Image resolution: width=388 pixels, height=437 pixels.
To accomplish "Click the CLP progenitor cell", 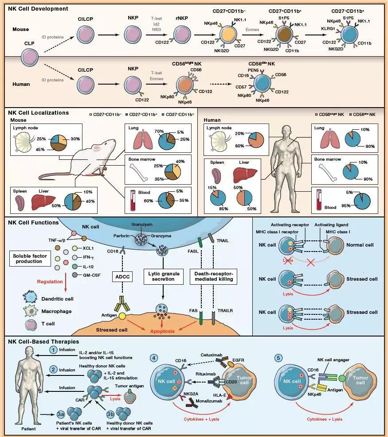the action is coord(30,57).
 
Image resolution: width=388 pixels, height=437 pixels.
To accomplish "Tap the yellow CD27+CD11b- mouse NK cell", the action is coord(228,35).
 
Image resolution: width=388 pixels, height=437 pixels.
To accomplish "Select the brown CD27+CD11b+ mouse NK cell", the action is coord(284,35).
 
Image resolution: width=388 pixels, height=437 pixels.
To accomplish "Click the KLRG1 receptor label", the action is coord(328,28).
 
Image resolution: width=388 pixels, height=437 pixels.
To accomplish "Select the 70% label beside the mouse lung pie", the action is coord(159,131).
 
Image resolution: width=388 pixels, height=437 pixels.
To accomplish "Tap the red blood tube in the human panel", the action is coord(319,200).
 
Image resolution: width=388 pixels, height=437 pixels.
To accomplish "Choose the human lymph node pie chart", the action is coord(256,139).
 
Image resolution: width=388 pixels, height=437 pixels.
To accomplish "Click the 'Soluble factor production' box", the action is coord(30,259).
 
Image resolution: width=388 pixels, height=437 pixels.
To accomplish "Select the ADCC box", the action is coord(122,277).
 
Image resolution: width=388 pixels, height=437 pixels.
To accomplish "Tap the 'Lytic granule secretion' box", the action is coord(164,276).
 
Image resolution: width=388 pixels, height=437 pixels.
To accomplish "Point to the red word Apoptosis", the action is coord(162,331).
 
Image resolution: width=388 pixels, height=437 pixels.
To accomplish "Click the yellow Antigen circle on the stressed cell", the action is coord(122,316).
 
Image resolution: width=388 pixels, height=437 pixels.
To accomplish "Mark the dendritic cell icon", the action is coord(30,297).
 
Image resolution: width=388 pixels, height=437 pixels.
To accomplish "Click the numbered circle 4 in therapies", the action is coord(154,358).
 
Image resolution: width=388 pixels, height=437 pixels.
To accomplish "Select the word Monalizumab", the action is coord(209,401).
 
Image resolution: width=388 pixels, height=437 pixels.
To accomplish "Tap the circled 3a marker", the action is coord(61,414).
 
